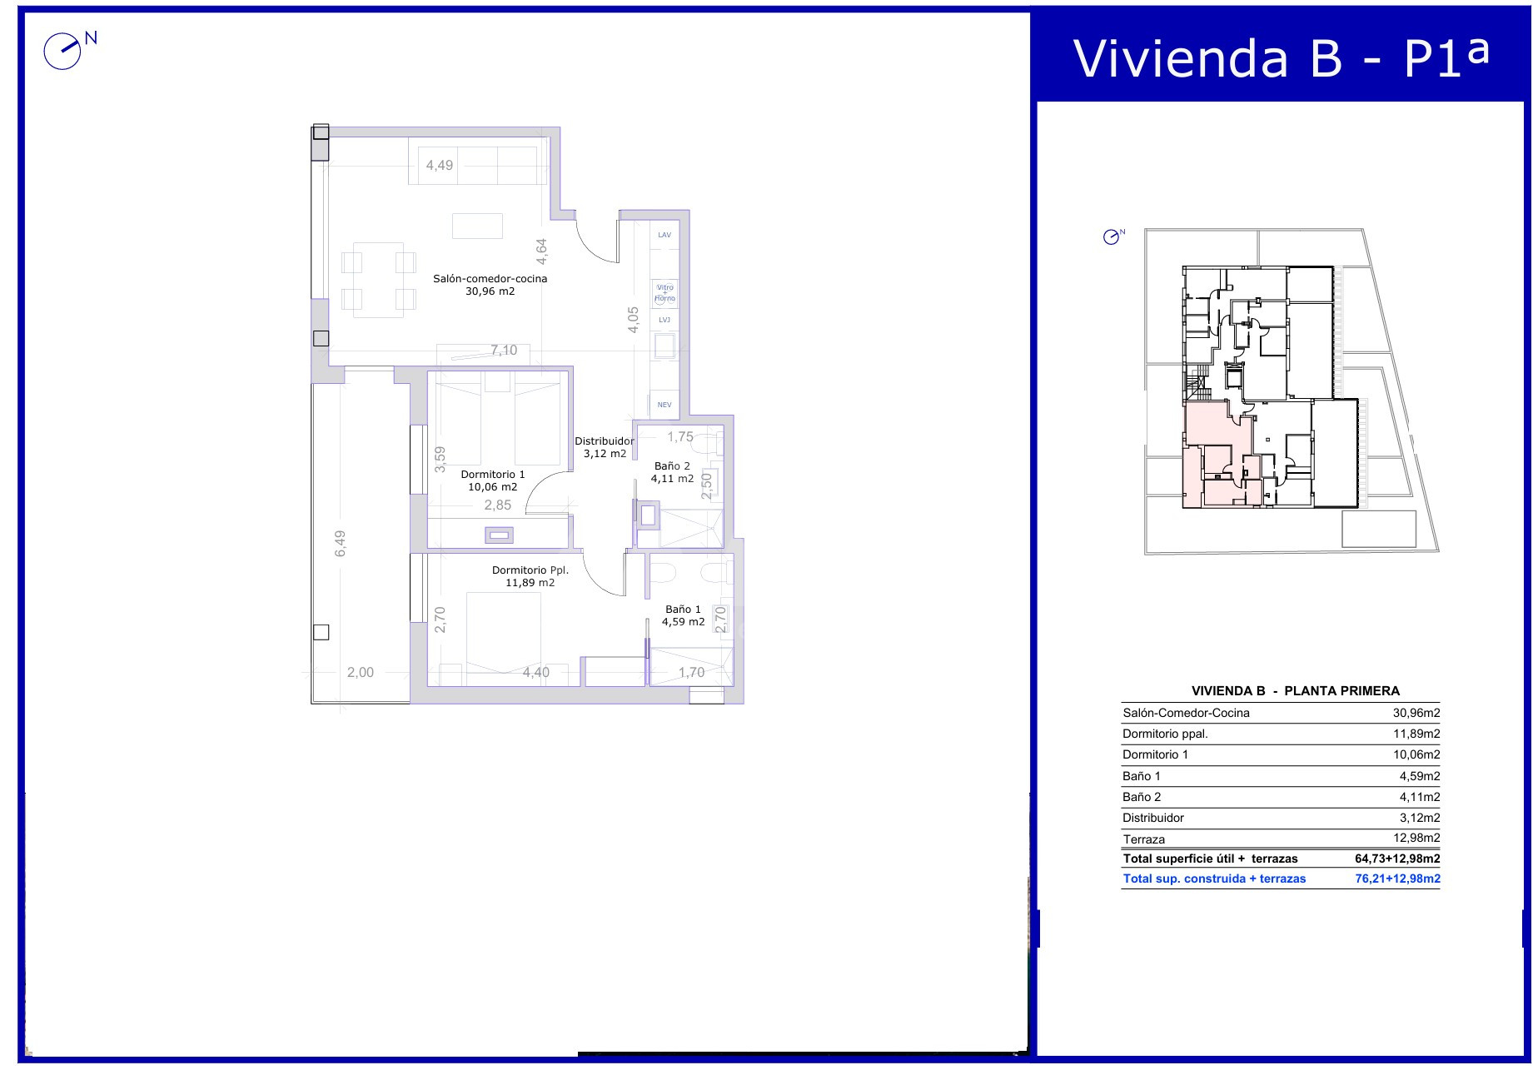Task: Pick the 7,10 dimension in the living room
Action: coord(504,351)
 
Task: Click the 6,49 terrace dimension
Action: coord(340,544)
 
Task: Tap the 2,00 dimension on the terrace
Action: coord(361,673)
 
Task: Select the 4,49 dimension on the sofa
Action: coord(440,165)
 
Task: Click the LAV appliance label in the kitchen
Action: coord(664,235)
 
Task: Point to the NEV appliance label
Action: coord(664,405)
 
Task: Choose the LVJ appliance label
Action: coord(664,320)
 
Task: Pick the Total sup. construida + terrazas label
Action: coord(1214,878)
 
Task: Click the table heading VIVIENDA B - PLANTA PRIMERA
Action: coord(1296,690)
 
